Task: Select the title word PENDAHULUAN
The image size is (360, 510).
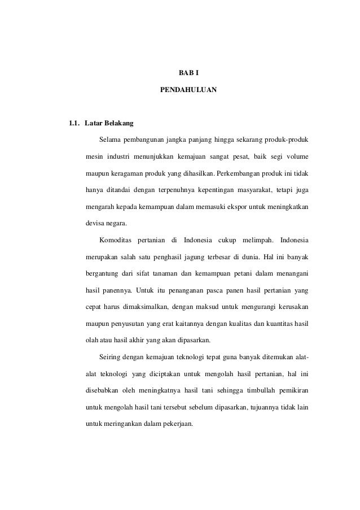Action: (x=185, y=90)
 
